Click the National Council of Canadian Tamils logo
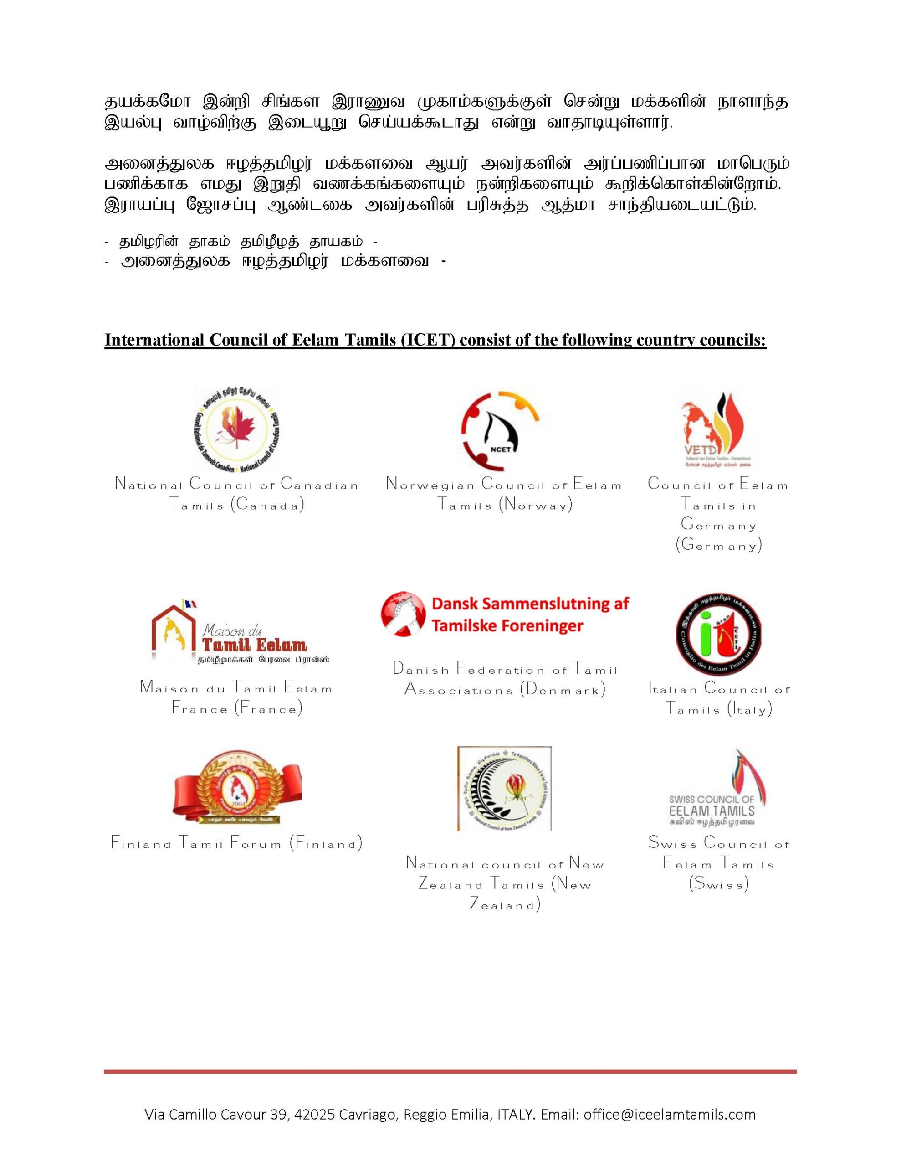(x=236, y=429)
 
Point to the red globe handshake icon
(x=403, y=614)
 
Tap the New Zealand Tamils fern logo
(x=504, y=789)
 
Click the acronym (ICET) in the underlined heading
(x=428, y=341)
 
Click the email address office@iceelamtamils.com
(x=669, y=1115)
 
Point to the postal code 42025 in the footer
(x=315, y=1115)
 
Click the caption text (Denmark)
(x=563, y=689)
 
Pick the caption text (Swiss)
(x=718, y=884)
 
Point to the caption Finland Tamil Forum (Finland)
(x=236, y=843)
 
